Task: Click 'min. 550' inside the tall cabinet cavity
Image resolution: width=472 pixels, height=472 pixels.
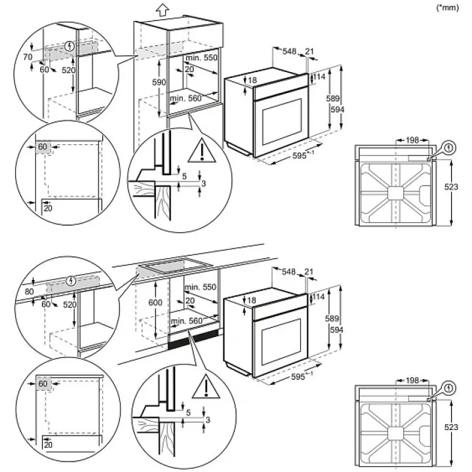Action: pyautogui.click(x=201, y=58)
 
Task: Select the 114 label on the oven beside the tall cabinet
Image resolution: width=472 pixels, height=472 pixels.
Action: pyautogui.click(x=319, y=77)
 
